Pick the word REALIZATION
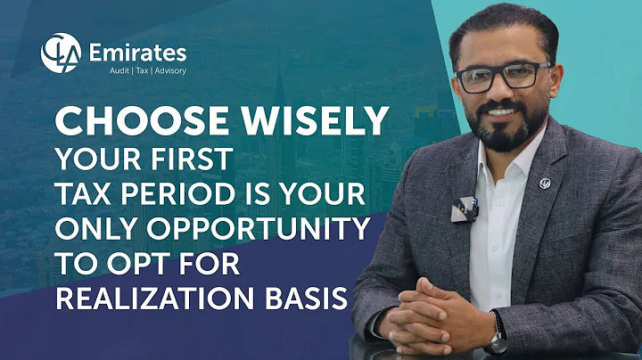click(x=158, y=298)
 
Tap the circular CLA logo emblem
click(x=62, y=52)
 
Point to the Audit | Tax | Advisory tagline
click(x=137, y=71)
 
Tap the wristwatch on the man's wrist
click(x=497, y=341)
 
